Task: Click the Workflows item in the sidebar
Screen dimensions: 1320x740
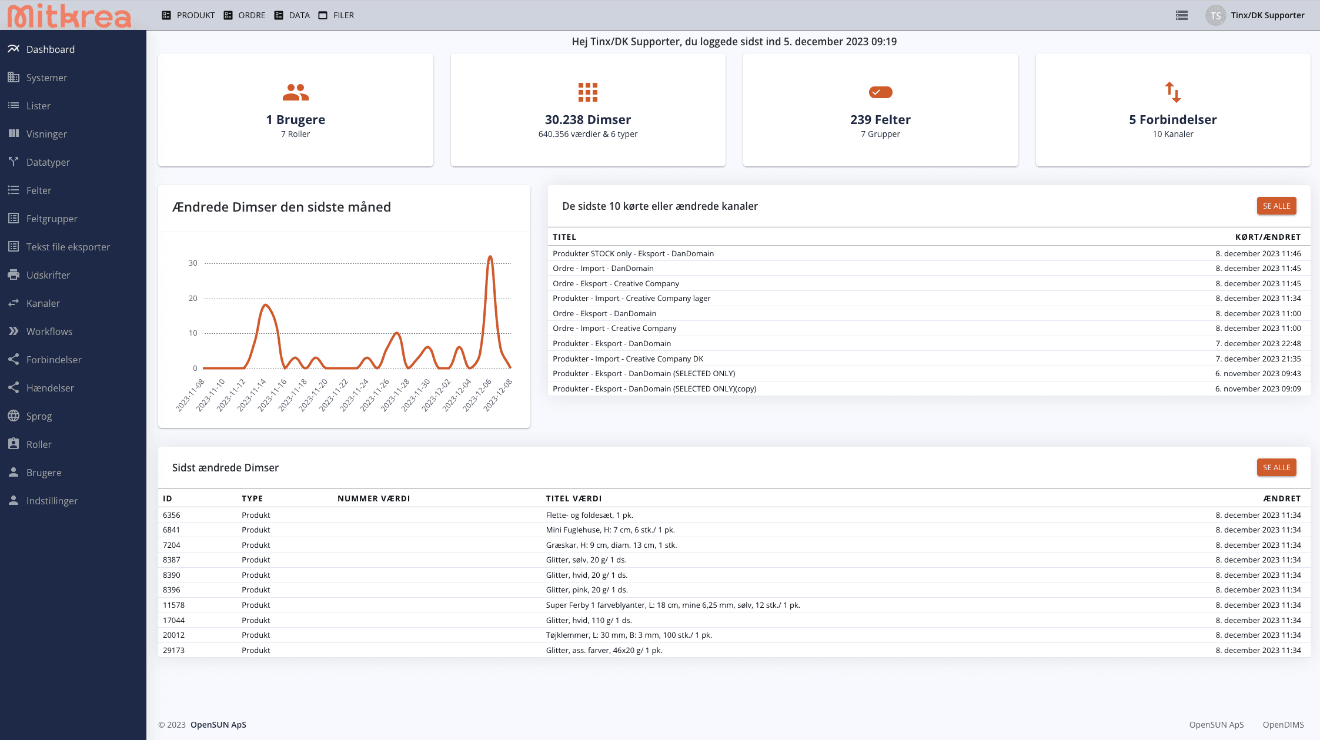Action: (49, 332)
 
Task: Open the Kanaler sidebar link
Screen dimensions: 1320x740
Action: (43, 303)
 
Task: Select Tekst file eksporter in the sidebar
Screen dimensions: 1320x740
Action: (68, 247)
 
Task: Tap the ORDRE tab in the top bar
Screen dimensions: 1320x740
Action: (245, 15)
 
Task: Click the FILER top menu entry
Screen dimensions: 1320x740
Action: (336, 15)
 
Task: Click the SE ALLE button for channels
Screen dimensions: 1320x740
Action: (1276, 206)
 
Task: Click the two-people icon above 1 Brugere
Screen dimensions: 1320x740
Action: (295, 92)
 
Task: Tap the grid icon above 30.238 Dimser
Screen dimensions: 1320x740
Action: (588, 92)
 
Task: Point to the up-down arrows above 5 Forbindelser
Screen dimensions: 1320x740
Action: (1173, 92)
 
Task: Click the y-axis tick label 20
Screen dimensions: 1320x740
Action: (193, 298)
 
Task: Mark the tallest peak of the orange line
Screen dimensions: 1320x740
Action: (490, 256)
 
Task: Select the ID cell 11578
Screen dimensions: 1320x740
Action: (174, 605)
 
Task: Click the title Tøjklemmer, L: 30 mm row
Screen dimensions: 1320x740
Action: (629, 635)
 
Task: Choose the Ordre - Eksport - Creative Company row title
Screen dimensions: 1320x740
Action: (616, 283)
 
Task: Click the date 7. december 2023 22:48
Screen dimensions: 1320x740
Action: (1258, 343)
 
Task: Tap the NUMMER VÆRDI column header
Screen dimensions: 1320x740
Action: (374, 498)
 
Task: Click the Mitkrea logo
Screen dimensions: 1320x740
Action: (69, 16)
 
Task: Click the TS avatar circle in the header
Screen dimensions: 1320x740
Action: (1215, 15)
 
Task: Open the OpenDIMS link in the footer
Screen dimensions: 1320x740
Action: (1284, 725)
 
